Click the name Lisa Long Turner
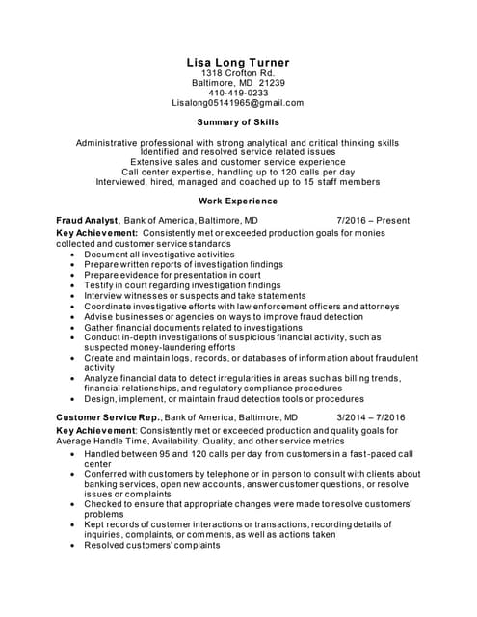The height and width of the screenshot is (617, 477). click(x=237, y=63)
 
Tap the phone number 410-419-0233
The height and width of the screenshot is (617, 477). click(x=237, y=94)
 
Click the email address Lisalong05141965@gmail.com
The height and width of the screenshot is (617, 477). click(x=237, y=103)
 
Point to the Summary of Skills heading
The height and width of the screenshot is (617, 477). click(x=237, y=123)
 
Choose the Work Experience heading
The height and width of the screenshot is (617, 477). click(x=237, y=201)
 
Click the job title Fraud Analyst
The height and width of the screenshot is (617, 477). click(x=87, y=220)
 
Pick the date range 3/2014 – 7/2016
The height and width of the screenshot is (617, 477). click(x=370, y=416)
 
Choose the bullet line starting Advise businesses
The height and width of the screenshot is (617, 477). click(x=223, y=316)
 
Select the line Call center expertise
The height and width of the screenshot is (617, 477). click(x=237, y=172)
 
